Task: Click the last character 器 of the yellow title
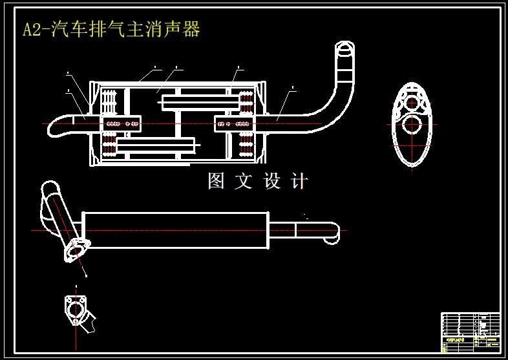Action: click(x=192, y=30)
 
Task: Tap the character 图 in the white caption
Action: click(x=216, y=182)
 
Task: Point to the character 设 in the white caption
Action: click(x=272, y=182)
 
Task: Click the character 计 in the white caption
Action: click(x=300, y=182)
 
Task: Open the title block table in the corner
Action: click(x=470, y=332)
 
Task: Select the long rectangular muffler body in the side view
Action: click(x=175, y=229)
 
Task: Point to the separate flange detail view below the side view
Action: click(x=75, y=310)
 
